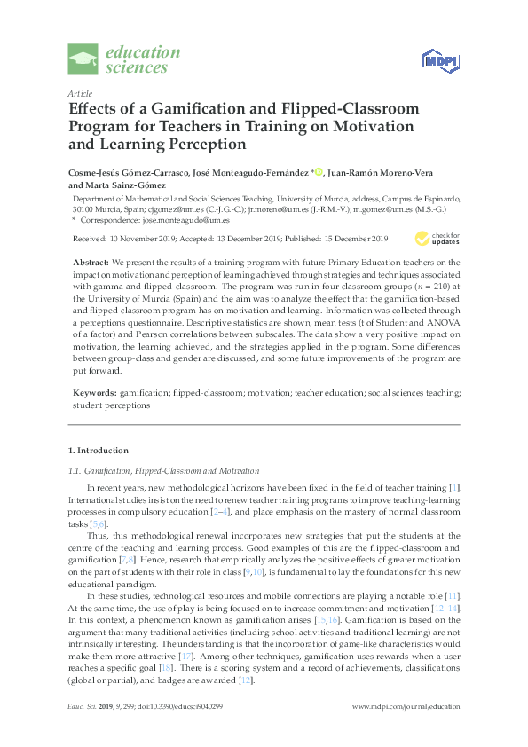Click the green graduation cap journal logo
pyautogui.click(x=84, y=59)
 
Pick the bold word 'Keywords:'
pyautogui.click(x=93, y=391)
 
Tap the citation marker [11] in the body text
pyautogui.click(x=453, y=588)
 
